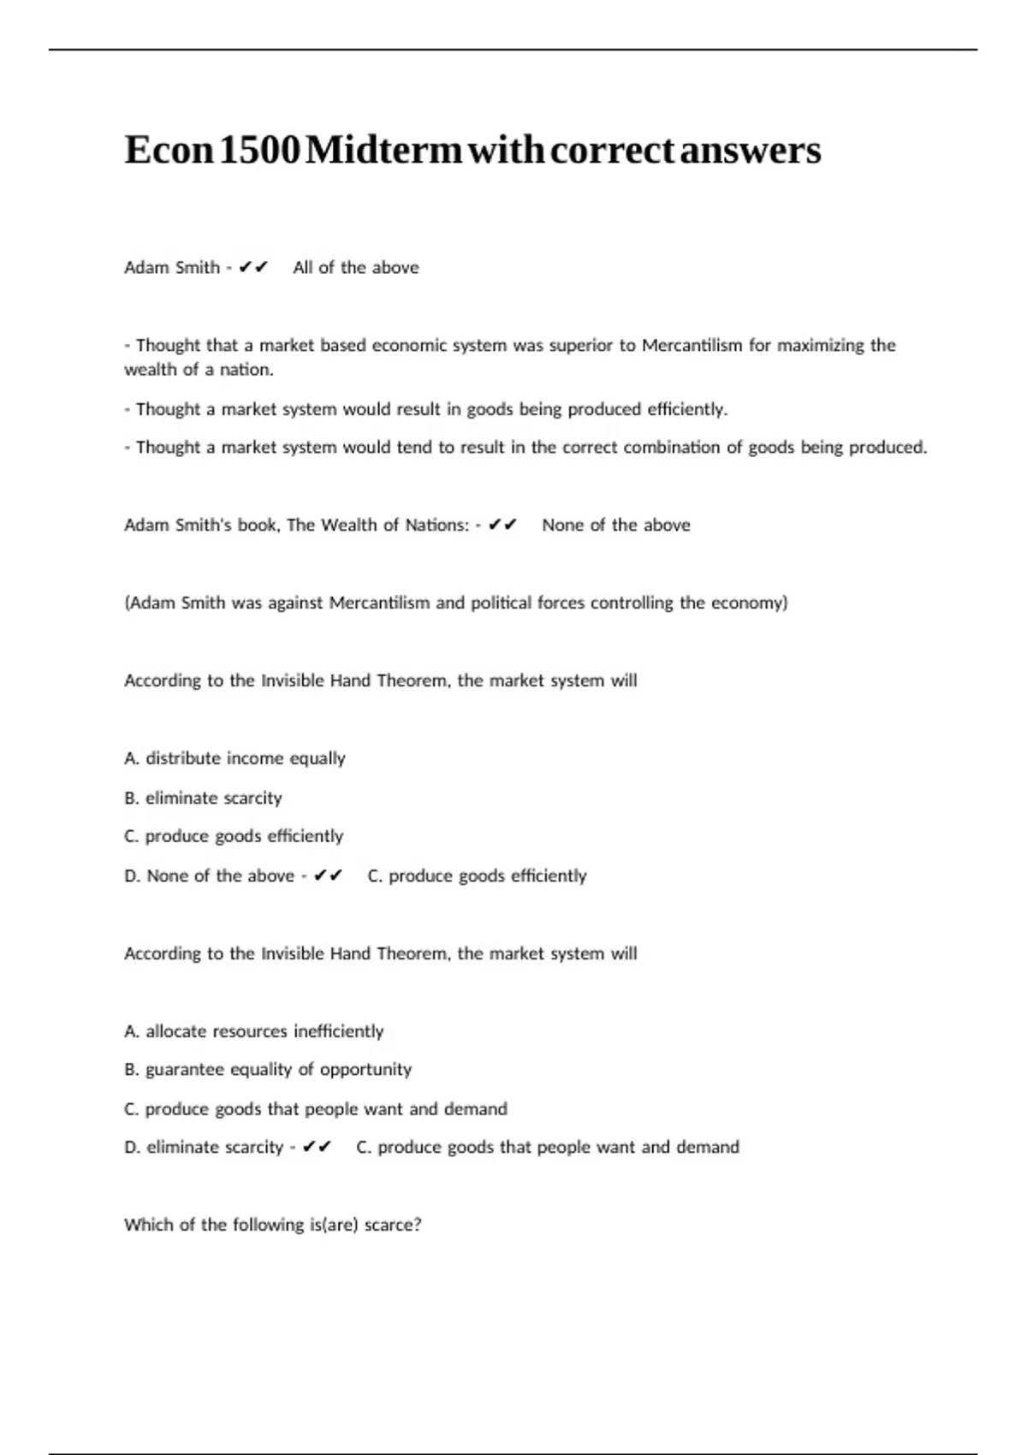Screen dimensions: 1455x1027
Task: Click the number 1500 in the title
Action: click(260, 150)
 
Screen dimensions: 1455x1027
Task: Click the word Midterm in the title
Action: click(383, 150)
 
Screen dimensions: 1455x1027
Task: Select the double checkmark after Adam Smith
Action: click(253, 267)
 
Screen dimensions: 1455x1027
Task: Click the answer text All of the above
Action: click(356, 267)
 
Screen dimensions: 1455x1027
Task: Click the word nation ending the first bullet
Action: click(247, 370)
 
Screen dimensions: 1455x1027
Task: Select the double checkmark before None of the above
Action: click(502, 525)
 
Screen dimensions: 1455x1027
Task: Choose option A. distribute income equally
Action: click(234, 758)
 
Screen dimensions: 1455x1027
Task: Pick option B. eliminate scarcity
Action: click(203, 798)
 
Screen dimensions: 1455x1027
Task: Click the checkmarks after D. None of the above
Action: click(328, 876)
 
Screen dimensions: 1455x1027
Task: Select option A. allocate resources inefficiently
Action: click(253, 1031)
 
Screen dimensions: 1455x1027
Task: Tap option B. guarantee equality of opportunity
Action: click(268, 1070)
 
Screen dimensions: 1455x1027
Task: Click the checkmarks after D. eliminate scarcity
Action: click(317, 1147)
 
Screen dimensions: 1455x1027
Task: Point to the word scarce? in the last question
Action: click(393, 1225)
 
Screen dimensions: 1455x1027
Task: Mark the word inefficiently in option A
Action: click(338, 1031)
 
